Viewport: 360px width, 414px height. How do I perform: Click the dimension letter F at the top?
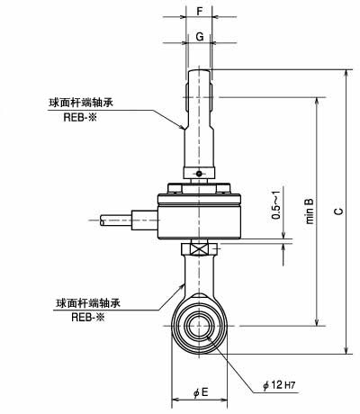coord(200,12)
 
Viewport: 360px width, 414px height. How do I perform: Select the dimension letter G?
coord(200,37)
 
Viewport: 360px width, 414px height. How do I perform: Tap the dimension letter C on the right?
coord(338,211)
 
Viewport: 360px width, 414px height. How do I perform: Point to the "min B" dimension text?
coord(310,211)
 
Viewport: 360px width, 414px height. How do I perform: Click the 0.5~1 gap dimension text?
coord(276,204)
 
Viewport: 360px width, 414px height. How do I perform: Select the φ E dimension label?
coord(201,391)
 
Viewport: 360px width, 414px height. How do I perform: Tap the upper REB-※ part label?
coord(80,117)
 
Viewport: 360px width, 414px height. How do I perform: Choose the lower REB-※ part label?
coord(88,317)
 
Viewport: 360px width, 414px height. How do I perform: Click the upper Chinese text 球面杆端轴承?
coord(81,103)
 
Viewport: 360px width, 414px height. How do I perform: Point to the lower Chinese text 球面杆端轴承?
coord(88,303)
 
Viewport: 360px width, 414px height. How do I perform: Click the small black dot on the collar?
coord(199,173)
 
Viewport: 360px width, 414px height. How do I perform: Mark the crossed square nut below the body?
coord(199,249)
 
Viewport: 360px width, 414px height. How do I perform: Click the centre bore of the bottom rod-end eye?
coord(199,327)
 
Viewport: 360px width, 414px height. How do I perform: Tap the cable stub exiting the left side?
coord(116,220)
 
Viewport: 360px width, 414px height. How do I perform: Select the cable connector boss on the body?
coord(145,220)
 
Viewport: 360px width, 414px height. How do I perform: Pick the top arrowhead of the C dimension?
coord(346,73)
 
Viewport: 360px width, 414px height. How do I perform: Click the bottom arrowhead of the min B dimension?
coord(317,322)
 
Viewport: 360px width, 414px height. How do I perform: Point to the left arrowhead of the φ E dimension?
coord(175,400)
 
